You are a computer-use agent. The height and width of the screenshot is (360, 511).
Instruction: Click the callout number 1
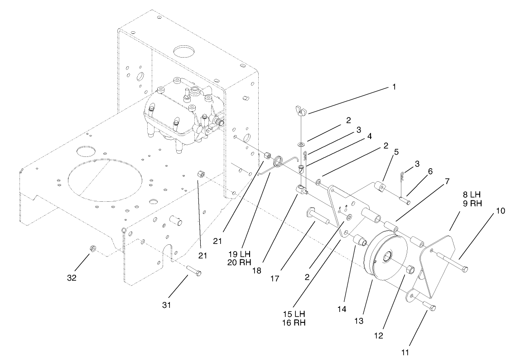coord(394,86)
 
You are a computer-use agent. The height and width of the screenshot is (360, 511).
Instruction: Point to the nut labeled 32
coord(92,248)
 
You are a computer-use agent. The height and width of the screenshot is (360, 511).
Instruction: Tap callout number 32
coord(72,277)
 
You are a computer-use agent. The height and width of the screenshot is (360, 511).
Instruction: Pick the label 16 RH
coord(294,323)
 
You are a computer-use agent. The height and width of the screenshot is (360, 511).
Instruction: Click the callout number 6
coord(430,171)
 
